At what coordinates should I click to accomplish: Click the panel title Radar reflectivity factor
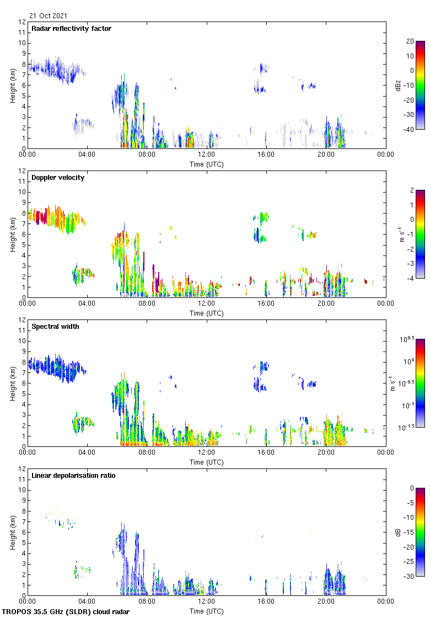(x=71, y=29)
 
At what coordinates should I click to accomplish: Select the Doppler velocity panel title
(x=58, y=178)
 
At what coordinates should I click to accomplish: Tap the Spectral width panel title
(x=56, y=327)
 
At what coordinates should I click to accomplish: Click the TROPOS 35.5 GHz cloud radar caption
(x=66, y=612)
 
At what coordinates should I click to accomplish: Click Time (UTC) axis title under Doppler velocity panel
(x=207, y=313)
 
